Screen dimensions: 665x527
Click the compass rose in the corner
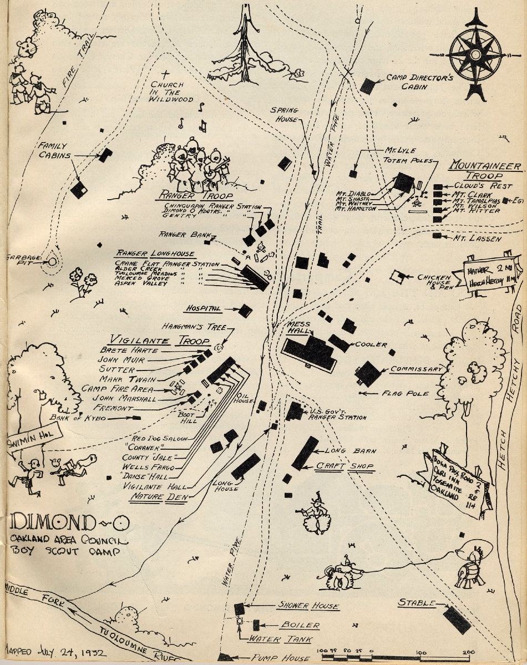pos(475,54)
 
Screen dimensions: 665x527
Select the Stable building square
pos(457,620)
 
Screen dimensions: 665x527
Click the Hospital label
pos(204,308)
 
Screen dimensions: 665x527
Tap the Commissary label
pos(416,369)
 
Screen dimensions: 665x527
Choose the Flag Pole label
pos(405,393)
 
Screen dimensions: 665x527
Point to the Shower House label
pos(308,606)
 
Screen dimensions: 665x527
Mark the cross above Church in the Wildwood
pos(165,74)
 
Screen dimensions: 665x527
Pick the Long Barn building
pos(306,453)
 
